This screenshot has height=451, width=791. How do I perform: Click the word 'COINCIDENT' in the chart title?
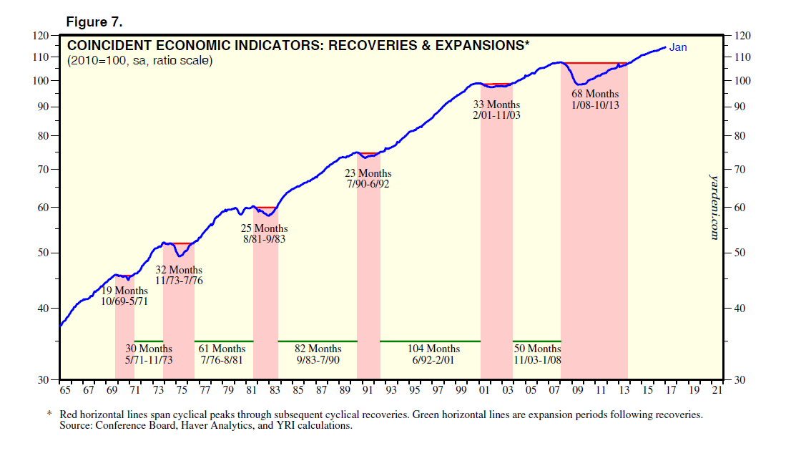(x=107, y=46)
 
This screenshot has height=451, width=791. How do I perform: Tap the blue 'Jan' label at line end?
(x=677, y=48)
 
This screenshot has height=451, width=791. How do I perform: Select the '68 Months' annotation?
(x=595, y=94)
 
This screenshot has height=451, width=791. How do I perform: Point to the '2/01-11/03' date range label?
(x=496, y=115)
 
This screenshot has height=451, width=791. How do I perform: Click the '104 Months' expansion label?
(x=433, y=349)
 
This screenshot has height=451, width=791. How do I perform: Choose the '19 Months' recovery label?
(x=124, y=291)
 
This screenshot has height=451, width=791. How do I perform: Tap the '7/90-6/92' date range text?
(x=368, y=184)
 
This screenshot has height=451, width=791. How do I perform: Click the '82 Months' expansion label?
(x=318, y=349)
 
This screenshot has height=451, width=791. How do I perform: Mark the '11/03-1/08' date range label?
(x=537, y=359)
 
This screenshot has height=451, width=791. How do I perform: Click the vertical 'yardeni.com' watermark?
(x=713, y=205)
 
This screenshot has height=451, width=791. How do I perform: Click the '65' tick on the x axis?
(x=65, y=392)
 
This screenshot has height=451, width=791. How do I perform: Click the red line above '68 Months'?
(x=594, y=64)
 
